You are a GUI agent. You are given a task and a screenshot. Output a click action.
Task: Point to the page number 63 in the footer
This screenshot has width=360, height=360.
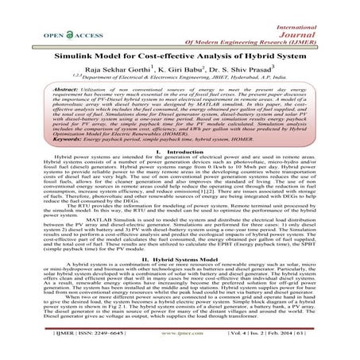click(x=328, y=347)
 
